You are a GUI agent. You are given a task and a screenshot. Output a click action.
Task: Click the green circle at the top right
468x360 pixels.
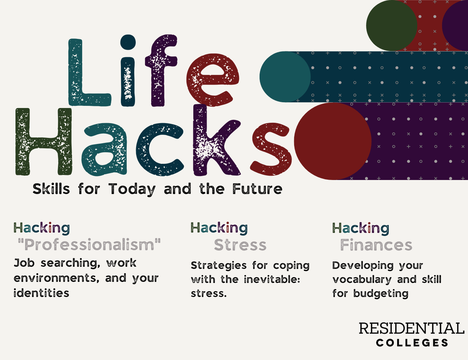coord(392,26)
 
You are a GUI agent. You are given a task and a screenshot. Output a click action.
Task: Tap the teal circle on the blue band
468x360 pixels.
coord(285,77)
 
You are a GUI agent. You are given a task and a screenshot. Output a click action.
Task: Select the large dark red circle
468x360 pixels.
coord(333,141)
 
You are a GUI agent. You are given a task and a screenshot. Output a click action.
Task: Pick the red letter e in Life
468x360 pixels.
coord(212,80)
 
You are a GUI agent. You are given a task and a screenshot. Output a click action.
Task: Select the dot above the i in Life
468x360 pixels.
coord(128,42)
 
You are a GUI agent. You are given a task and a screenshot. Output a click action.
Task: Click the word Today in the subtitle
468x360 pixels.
coord(132,189)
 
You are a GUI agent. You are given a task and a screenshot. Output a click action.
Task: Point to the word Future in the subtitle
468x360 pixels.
coord(257,189)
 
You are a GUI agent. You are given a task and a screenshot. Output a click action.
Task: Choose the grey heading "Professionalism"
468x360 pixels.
coord(89,244)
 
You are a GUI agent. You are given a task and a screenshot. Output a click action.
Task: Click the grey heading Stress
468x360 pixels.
coord(240,245)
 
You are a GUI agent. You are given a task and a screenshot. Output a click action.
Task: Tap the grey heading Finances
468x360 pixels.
coord(376,245)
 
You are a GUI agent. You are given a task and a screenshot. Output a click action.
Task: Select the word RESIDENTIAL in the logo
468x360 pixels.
coord(411,328)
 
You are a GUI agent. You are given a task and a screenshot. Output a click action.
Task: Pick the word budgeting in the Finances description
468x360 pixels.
coord(381,294)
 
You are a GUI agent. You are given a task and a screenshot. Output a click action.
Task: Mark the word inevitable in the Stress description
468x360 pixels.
coord(272,279)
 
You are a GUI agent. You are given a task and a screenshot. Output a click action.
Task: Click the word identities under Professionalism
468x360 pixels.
coord(41,293)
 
